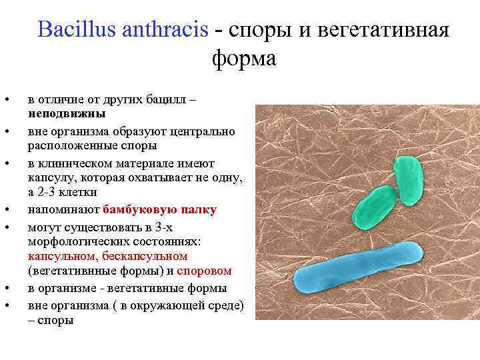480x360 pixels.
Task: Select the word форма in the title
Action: (x=243, y=59)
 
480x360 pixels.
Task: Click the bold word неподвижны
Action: (x=66, y=113)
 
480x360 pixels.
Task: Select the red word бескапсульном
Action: (x=144, y=256)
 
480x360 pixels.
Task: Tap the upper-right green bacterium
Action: (x=408, y=181)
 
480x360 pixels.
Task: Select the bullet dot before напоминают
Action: (x=6, y=210)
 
